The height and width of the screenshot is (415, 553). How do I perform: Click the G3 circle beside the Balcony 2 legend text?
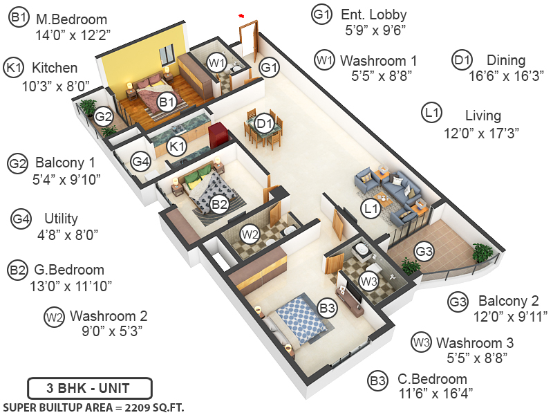tap(458, 302)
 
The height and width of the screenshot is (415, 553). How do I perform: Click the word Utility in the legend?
tap(61, 219)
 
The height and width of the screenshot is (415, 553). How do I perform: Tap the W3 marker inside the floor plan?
tap(369, 281)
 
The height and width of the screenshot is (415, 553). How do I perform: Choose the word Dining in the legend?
tap(505, 60)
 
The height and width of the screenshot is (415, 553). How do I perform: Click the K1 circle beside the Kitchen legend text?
tap(15, 68)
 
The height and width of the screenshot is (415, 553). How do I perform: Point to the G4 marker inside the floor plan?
tap(141, 162)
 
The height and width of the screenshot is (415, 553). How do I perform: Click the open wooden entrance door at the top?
tap(247, 41)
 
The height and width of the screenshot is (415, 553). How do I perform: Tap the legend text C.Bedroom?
tap(432, 379)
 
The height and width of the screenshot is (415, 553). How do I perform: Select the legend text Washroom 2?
tap(109, 316)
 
